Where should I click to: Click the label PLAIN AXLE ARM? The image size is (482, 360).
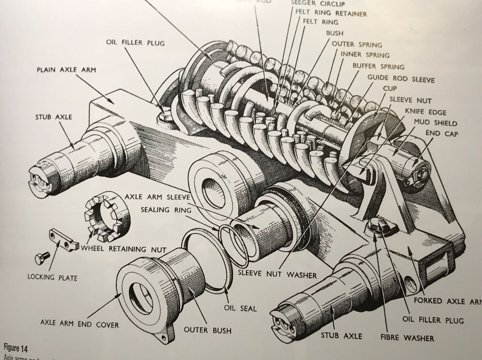click(66, 70)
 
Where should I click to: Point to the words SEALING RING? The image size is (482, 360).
click(161, 210)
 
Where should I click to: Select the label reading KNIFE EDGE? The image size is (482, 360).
click(425, 112)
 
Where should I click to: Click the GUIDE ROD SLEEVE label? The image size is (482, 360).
click(400, 78)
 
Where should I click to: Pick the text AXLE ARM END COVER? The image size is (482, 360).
click(79, 324)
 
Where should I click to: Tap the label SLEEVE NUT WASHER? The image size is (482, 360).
click(277, 274)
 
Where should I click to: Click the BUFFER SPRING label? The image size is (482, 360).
click(378, 66)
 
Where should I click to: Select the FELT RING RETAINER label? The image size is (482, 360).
click(331, 13)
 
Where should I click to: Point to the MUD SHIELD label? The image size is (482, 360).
click(435, 123)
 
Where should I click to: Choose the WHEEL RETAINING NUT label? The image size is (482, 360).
click(124, 249)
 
